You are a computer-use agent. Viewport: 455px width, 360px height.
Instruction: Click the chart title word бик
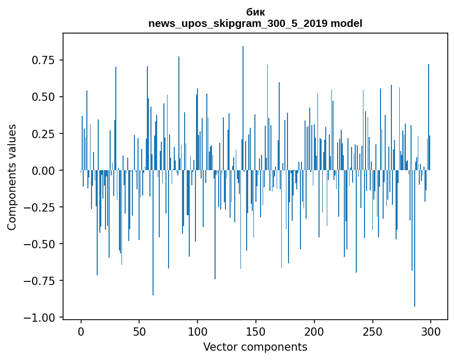coord(255,12)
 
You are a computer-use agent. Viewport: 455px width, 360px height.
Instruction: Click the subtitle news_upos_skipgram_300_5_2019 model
coord(255,23)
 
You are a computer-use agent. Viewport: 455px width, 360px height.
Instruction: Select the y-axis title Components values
coord(12,177)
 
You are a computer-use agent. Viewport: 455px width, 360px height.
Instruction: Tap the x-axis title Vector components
coord(255,347)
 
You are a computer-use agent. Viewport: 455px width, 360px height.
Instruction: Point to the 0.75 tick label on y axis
coord(43,60)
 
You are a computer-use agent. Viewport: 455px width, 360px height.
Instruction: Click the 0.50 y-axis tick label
coord(43,97)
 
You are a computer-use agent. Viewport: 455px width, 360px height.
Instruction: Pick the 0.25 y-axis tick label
coord(43,134)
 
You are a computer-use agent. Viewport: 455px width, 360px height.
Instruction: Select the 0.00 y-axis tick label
coord(43,171)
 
